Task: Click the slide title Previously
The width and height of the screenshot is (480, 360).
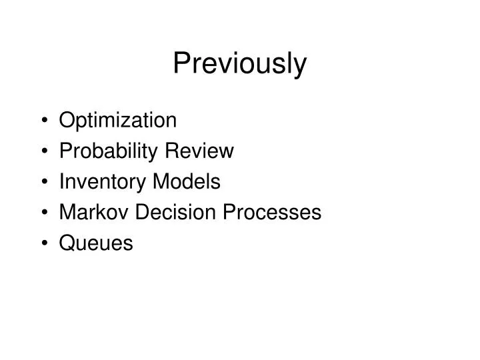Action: (240, 65)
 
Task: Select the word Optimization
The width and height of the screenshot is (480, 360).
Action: (117, 121)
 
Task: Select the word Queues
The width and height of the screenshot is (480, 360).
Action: (96, 243)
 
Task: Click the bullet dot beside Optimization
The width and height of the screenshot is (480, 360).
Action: (43, 121)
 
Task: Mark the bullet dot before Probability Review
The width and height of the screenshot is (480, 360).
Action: (43, 152)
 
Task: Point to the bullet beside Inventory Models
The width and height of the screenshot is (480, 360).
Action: (43, 182)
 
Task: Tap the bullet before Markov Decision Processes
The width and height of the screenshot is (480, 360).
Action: (43, 213)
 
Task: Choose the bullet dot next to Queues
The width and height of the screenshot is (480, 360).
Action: (43, 243)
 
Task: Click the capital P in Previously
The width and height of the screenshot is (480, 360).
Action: (181, 63)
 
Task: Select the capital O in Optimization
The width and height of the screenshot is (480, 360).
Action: (67, 121)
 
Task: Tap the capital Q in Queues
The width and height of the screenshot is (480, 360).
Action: (67, 243)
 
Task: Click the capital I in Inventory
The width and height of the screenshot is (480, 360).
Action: (61, 181)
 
